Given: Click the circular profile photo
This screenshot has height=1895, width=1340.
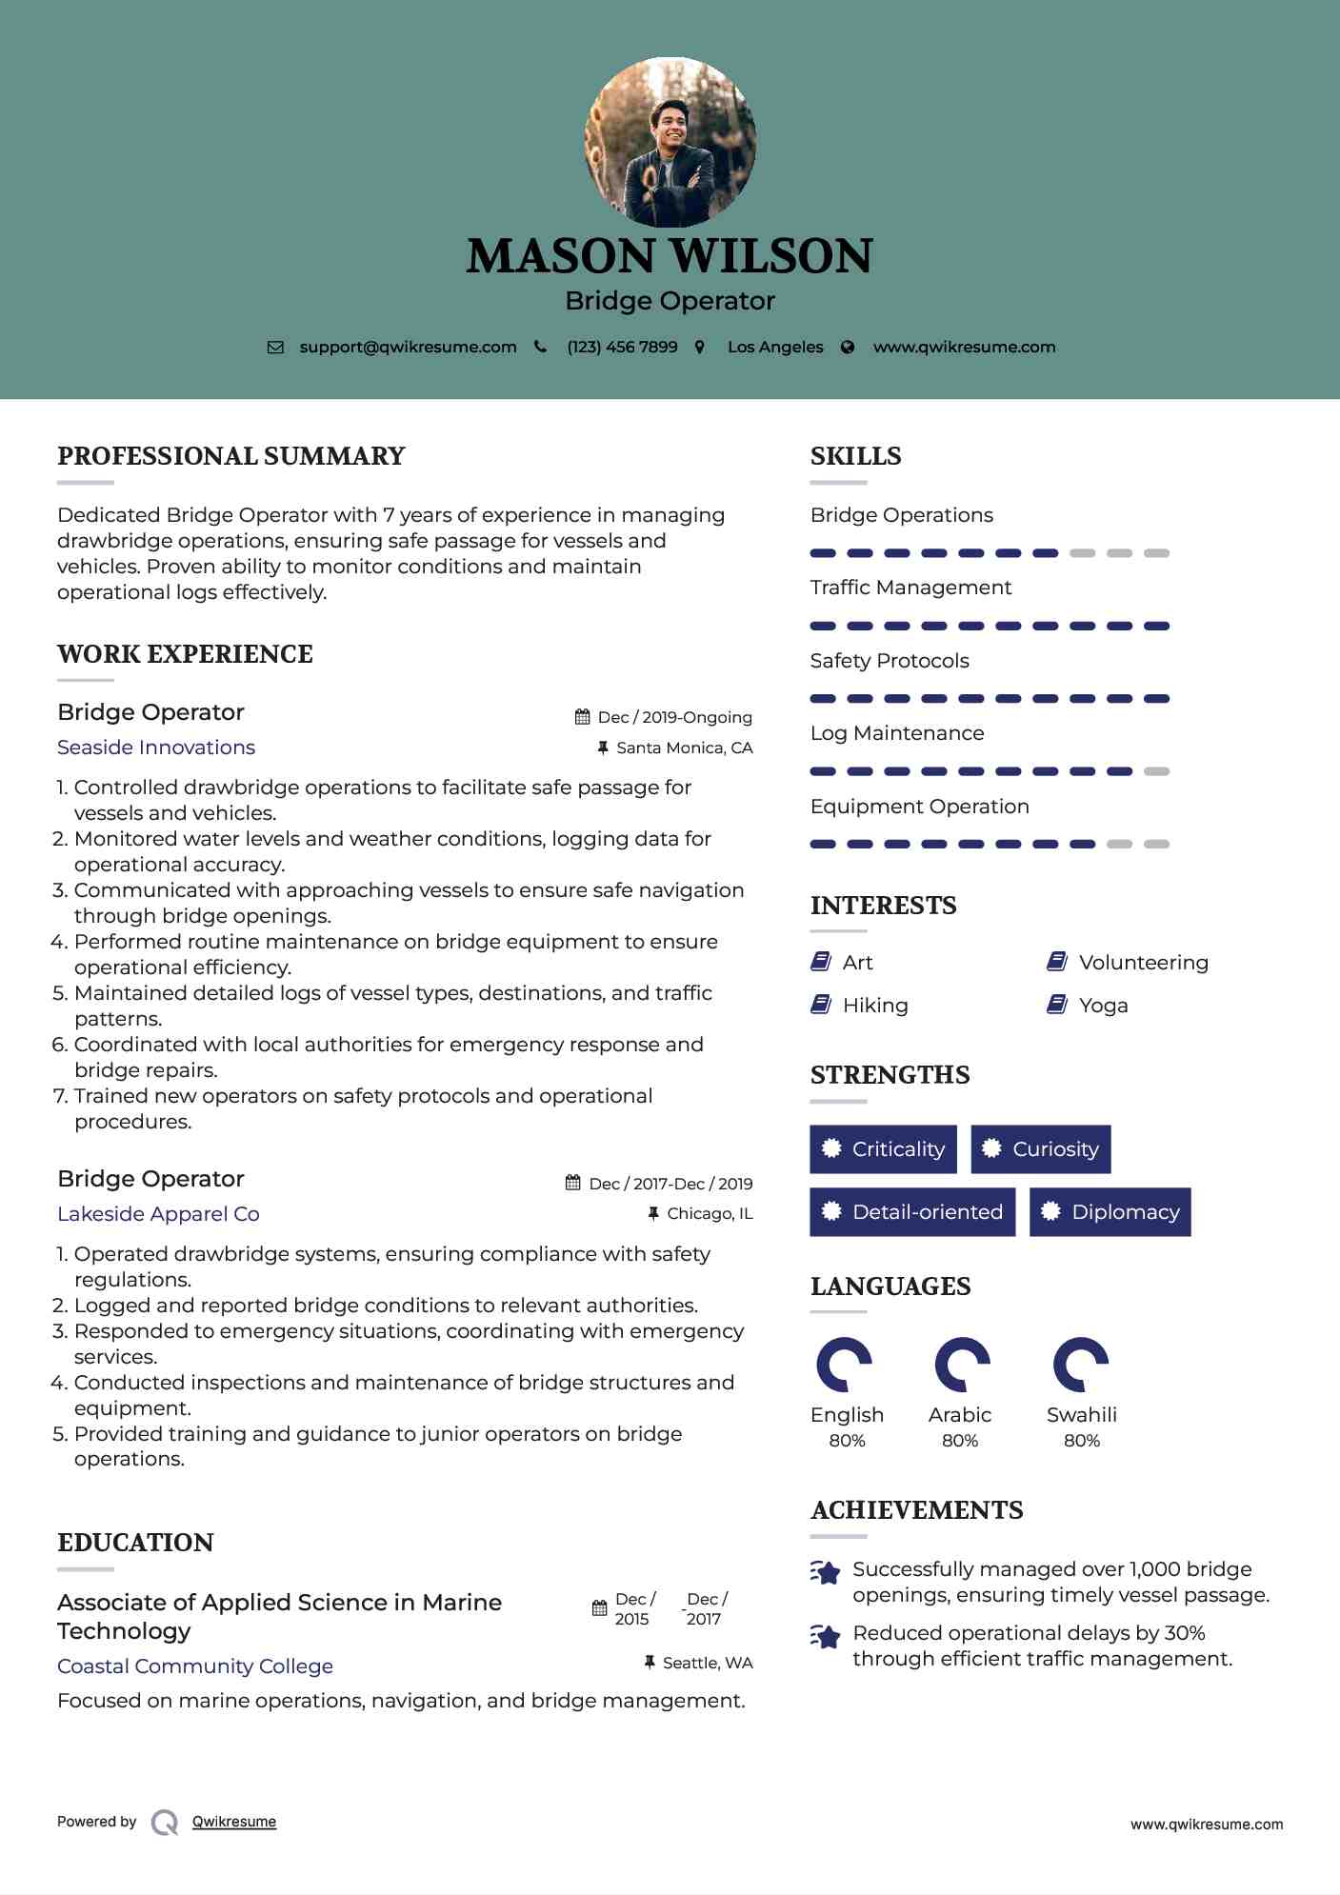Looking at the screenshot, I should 670,143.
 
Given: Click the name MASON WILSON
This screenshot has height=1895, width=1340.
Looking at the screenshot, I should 670,256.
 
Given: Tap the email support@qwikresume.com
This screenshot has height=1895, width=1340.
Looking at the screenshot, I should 408,347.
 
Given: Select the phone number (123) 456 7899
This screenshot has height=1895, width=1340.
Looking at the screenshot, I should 622,347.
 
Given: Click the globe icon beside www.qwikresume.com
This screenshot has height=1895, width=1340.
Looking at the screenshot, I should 848,347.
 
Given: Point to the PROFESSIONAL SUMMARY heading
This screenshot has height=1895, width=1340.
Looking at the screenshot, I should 231,456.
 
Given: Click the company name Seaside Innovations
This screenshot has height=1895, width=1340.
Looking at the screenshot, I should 156,748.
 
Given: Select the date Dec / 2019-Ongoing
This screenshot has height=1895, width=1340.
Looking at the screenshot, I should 674,717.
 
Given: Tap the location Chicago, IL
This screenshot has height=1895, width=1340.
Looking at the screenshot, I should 710,1213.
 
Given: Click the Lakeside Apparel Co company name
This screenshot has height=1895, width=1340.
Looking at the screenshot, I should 158,1214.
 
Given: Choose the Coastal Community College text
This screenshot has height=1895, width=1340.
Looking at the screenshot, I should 195,1666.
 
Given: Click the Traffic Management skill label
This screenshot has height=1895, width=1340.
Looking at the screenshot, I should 910,588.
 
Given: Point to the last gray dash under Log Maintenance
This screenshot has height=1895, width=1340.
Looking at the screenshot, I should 1156,771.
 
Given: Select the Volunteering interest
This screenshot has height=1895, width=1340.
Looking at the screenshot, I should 1143,963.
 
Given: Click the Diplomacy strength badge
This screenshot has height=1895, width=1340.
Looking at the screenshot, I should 1110,1212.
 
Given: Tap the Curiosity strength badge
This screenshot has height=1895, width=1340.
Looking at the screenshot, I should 1041,1149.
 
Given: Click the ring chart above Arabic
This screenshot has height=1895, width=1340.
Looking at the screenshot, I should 962,1365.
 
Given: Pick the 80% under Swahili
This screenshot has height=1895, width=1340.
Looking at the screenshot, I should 1082,1441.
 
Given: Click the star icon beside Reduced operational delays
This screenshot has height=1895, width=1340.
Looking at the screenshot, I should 826,1636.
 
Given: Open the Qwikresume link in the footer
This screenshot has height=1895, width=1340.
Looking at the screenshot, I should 234,1822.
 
